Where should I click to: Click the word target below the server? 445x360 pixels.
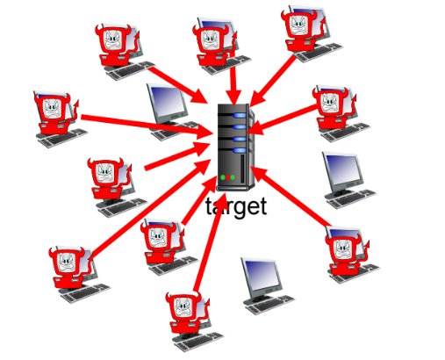[x=236, y=207]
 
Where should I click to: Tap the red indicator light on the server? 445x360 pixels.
[x=227, y=177]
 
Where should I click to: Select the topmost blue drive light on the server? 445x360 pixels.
[x=240, y=115]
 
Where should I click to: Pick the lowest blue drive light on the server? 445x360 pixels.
[x=240, y=150]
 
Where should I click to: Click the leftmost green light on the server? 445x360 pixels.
[x=223, y=177]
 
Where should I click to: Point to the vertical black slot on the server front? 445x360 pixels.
[x=242, y=169]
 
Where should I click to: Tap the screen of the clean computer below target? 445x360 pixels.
[x=262, y=275]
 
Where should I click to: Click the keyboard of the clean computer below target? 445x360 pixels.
[x=269, y=305]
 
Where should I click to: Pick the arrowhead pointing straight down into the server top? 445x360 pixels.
[x=233, y=97]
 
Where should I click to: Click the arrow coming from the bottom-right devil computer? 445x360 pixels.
[x=291, y=197]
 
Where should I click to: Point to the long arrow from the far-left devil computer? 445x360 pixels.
[x=147, y=126]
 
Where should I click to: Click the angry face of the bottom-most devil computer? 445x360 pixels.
[x=183, y=307]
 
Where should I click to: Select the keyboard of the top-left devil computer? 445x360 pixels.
[x=130, y=70]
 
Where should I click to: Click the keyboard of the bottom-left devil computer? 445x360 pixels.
[x=85, y=293]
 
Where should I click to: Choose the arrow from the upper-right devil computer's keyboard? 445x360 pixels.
[x=273, y=81]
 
